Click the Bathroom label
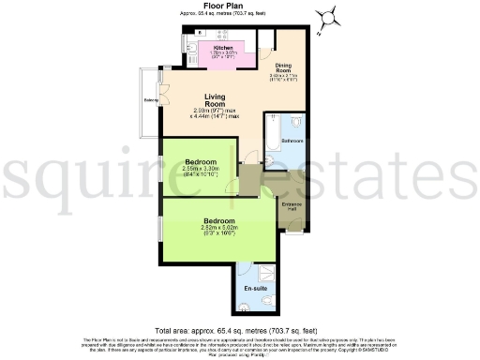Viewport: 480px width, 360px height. pos(293,141)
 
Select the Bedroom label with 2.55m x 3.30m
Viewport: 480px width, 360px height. pos(201,161)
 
